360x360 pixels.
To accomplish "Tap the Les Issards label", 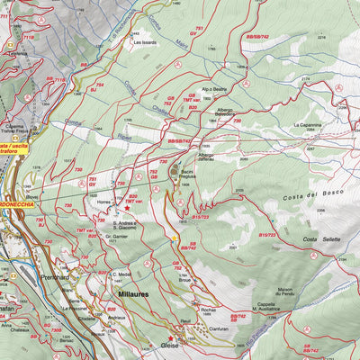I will click(x=144, y=41).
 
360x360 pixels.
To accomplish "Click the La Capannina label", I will click(x=309, y=125).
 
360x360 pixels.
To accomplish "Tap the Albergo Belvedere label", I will click(x=230, y=113).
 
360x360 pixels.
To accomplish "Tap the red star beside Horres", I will click(x=139, y=206).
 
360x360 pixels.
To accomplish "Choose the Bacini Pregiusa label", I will click(x=186, y=174).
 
